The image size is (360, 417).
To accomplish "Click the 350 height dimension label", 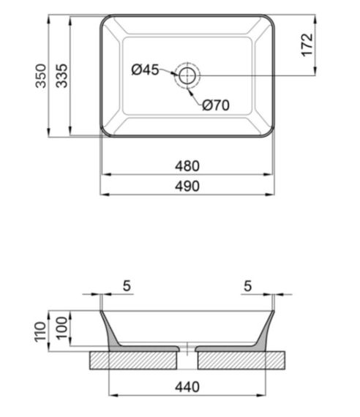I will click(41, 75).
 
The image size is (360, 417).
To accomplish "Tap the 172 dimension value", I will click(307, 45).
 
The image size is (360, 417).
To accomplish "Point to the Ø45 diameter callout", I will click(145, 70).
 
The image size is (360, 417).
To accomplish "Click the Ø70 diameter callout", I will click(216, 105).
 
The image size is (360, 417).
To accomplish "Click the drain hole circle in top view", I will click(187, 75).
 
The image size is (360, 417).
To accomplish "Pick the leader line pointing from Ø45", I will click(168, 72).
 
